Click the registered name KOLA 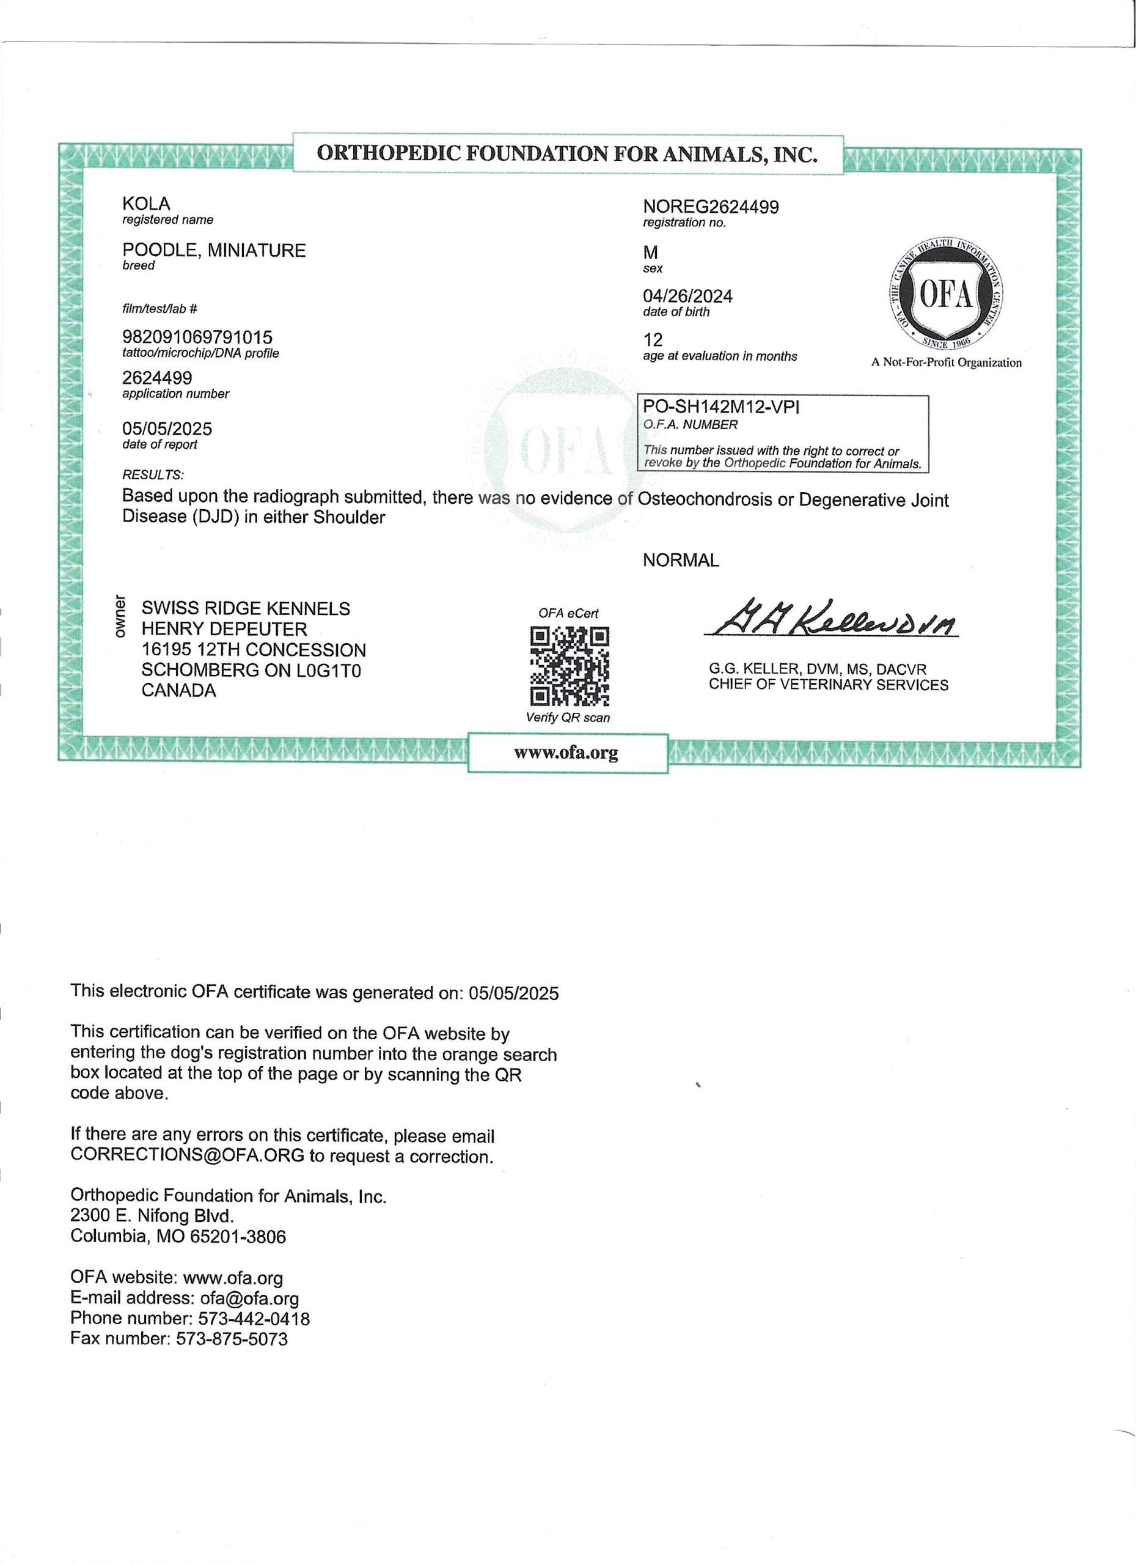tap(145, 204)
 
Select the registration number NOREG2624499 tap(711, 207)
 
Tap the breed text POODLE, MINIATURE tap(214, 250)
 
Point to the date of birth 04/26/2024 tap(687, 296)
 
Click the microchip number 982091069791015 tap(197, 337)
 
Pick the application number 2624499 tap(157, 378)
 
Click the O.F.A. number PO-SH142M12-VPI tap(721, 407)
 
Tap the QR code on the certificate tap(569, 665)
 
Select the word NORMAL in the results tap(680, 561)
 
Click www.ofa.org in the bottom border tap(566, 752)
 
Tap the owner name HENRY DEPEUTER tap(224, 628)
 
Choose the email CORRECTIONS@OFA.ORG tap(187, 1156)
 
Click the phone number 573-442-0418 tap(254, 1318)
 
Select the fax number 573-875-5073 tap(232, 1339)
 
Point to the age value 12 tap(653, 339)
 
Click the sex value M tap(650, 252)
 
